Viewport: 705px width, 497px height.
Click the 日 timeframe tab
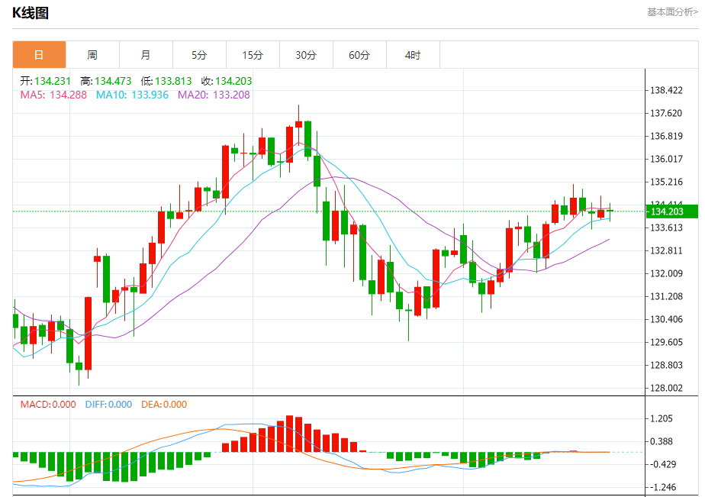point(39,55)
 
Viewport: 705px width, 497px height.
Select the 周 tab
point(92,55)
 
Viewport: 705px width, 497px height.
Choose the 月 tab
point(146,55)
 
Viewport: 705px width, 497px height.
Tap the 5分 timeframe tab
point(199,55)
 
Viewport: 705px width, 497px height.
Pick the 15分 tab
point(253,55)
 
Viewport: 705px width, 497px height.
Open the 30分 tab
point(306,55)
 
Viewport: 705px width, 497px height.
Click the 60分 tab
point(359,55)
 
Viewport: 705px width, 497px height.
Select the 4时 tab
point(413,55)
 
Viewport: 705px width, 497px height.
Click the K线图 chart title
point(31,13)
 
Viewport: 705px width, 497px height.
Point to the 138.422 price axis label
point(667,91)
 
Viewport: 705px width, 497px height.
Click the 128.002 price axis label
point(667,388)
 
